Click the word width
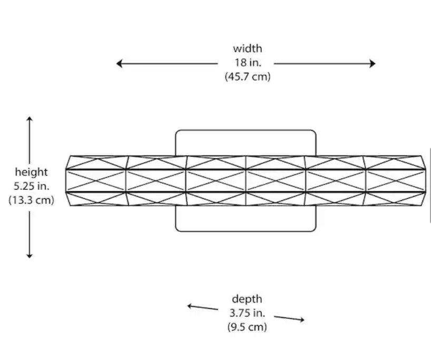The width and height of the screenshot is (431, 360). click(247, 48)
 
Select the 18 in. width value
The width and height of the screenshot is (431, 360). click(247, 62)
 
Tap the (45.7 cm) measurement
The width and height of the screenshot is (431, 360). click(247, 76)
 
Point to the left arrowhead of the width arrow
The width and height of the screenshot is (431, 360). click(120, 64)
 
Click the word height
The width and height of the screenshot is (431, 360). click(31, 172)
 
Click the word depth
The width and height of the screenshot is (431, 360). click(247, 299)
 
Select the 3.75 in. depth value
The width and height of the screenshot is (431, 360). click(247, 313)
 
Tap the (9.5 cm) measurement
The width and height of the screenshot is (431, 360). click(247, 327)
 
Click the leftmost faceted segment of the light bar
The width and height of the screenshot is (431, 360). click(96, 180)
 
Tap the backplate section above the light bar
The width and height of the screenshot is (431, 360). click(246, 142)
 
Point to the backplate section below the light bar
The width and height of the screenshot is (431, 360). click(246, 218)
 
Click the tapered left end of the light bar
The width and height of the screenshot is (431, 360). click(68, 180)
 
